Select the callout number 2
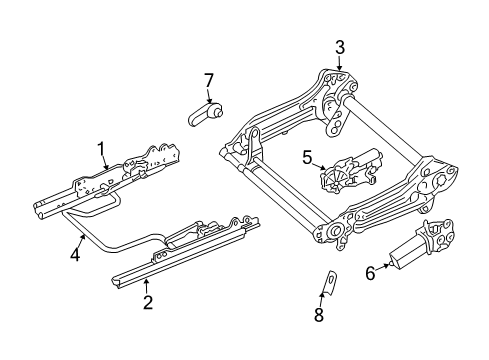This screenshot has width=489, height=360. tap(147, 303)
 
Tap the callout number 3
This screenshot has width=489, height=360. tap(339, 47)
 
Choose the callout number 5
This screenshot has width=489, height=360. tap(308, 157)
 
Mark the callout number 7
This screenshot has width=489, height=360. tap(209, 79)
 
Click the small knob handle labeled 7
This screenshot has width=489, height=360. tap(205, 115)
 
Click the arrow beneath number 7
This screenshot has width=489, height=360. tap(209, 98)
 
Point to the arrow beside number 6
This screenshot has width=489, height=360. tap(386, 268)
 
